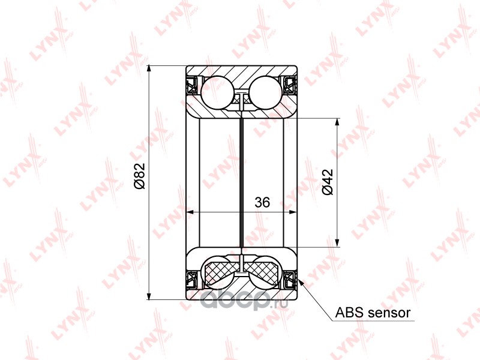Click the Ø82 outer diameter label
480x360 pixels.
(x=140, y=176)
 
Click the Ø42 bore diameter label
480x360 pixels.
(x=327, y=182)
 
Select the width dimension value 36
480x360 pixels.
(x=262, y=202)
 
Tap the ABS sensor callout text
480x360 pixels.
(x=373, y=313)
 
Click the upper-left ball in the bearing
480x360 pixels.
(x=216, y=92)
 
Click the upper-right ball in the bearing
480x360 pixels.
(x=266, y=92)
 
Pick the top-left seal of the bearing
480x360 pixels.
(x=193, y=85)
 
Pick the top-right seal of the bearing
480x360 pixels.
(x=290, y=85)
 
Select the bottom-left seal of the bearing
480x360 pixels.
(x=193, y=279)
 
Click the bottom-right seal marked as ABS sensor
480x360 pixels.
(x=290, y=279)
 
